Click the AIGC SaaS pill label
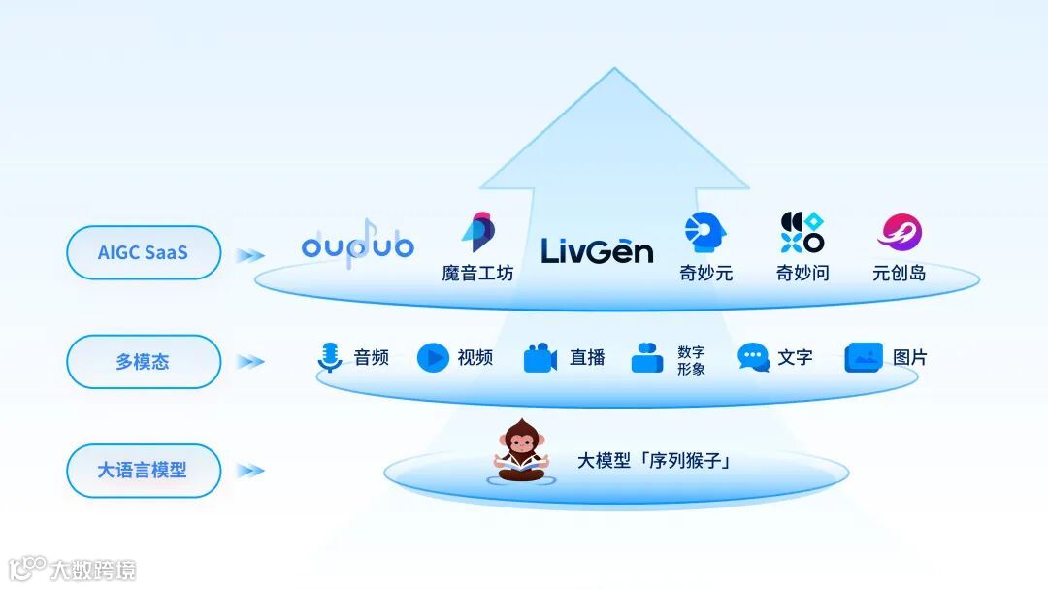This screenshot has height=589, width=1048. [143, 252]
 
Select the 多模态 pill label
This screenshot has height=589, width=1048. [143, 361]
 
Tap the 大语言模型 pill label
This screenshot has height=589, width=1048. [143, 471]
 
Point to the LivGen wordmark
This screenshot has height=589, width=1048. [597, 250]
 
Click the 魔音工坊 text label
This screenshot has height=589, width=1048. [477, 274]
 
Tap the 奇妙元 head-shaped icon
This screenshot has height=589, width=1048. [705, 234]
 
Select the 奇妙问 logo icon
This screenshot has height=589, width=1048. [802, 233]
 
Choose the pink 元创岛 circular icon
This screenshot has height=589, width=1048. [899, 233]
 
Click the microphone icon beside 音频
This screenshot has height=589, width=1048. [330, 358]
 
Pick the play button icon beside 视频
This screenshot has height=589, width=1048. [433, 358]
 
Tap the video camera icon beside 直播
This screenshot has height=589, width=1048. [540, 358]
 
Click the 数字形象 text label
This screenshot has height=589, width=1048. [691, 360]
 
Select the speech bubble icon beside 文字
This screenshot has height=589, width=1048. [753, 358]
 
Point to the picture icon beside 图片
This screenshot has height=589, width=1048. [864, 358]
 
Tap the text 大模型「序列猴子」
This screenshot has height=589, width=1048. [654, 461]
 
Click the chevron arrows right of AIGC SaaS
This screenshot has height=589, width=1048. [250, 254]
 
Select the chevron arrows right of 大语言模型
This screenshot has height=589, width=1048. [250, 471]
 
